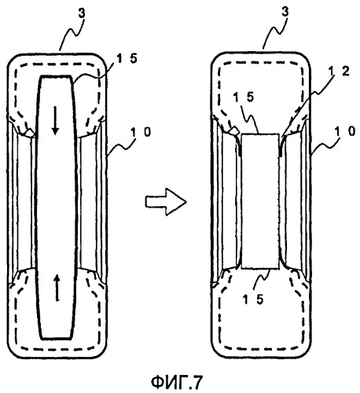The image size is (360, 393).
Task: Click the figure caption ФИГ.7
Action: click(177, 382)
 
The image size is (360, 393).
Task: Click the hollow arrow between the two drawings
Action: click(166, 202)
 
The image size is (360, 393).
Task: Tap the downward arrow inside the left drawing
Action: click(55, 120)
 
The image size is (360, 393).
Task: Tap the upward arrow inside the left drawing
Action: click(57, 288)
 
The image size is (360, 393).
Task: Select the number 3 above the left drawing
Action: click(82, 13)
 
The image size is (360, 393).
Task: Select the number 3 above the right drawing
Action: click(285, 12)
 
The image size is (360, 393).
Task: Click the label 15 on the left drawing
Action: click(127, 59)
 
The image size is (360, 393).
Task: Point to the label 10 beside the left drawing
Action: click(141, 132)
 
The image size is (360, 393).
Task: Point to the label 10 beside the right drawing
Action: click(345, 130)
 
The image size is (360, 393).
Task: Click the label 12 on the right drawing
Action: click(339, 71)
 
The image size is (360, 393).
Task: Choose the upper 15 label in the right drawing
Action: click(244, 97)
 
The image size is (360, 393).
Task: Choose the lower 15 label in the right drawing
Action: click(253, 299)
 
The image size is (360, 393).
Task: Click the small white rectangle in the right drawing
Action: click(260, 201)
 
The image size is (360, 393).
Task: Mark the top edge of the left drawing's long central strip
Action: click(56, 76)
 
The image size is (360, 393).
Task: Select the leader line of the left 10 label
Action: click(121, 147)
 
